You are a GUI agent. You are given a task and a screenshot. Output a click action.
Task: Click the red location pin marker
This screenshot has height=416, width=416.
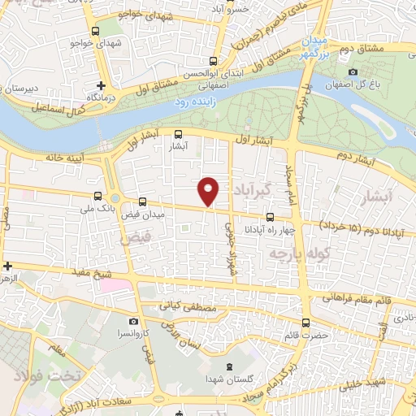209,190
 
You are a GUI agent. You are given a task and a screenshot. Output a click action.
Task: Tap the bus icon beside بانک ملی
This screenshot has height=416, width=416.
98,196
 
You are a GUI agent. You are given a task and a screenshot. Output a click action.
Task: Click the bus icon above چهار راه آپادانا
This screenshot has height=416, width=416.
271,217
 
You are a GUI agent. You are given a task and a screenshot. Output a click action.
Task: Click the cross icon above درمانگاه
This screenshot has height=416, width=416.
102,85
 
